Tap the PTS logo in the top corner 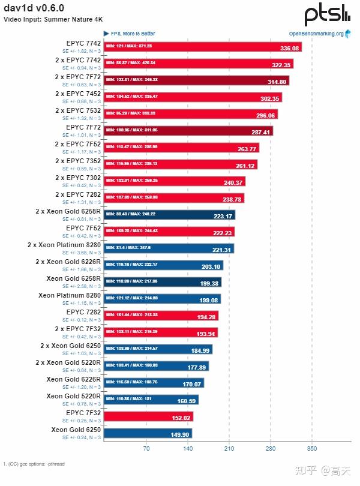tap(327, 14)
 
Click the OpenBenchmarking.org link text tap(316, 34)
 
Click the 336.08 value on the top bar tap(289, 48)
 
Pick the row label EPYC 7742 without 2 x tap(83, 43)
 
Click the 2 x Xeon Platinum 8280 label tap(64, 245)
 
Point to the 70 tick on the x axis tap(146, 448)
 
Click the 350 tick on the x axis tap(311, 448)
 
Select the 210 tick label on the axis tap(229, 448)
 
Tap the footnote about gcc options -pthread tap(34, 464)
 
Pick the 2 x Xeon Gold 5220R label tap(68, 362)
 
